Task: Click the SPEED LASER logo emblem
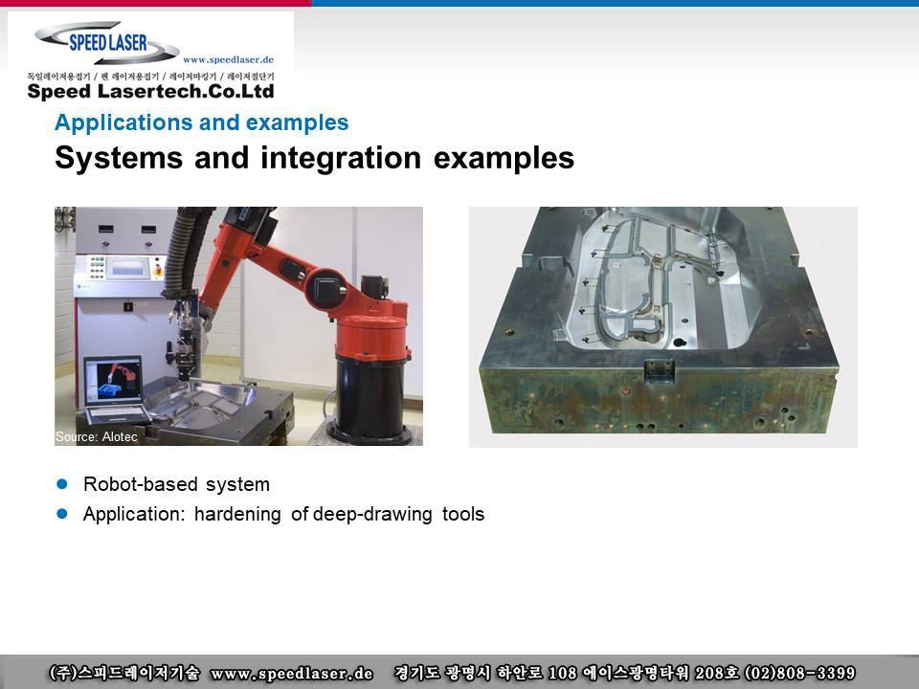[x=107, y=42]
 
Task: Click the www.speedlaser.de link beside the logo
[x=228, y=59]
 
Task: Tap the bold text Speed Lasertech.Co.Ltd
[x=150, y=92]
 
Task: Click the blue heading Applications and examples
[x=202, y=122]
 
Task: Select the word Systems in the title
[x=119, y=158]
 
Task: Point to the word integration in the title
[x=341, y=158]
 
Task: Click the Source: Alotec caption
[x=97, y=436]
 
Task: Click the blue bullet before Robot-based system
[x=62, y=484]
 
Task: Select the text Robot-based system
[x=176, y=484]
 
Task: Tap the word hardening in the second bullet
[x=237, y=515]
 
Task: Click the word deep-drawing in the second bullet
[x=372, y=515]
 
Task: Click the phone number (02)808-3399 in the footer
[x=799, y=673]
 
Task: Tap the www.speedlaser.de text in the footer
[x=292, y=673]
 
